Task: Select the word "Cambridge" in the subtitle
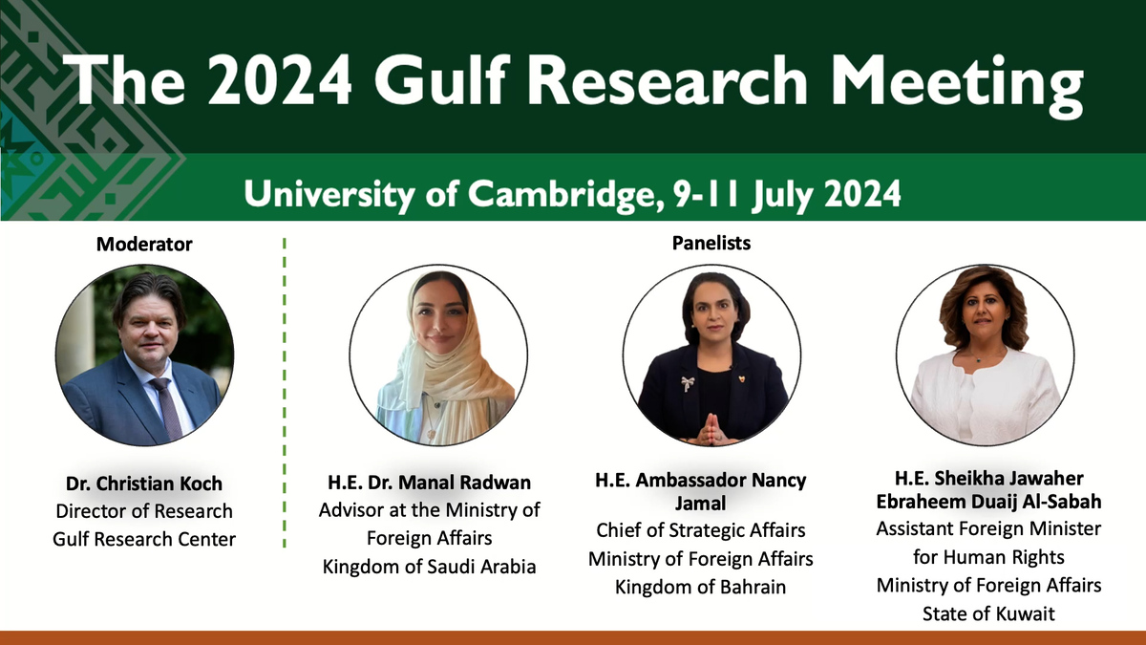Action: [x=562, y=195]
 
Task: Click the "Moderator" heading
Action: [x=144, y=245]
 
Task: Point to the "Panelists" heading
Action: [x=711, y=243]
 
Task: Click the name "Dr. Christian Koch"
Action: [x=144, y=484]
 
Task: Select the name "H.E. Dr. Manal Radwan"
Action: [x=429, y=483]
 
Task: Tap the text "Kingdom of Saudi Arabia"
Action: [x=429, y=567]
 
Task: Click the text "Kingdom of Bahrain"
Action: [x=700, y=587]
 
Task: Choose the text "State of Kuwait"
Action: [x=988, y=613]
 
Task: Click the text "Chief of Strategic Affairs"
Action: [x=700, y=530]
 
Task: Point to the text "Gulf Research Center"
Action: [x=144, y=539]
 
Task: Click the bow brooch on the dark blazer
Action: [x=687, y=383]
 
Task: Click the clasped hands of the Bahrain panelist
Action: [x=711, y=429]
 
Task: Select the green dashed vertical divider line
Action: [x=285, y=393]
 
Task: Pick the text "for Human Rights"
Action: [x=988, y=557]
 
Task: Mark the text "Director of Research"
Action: [x=144, y=511]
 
